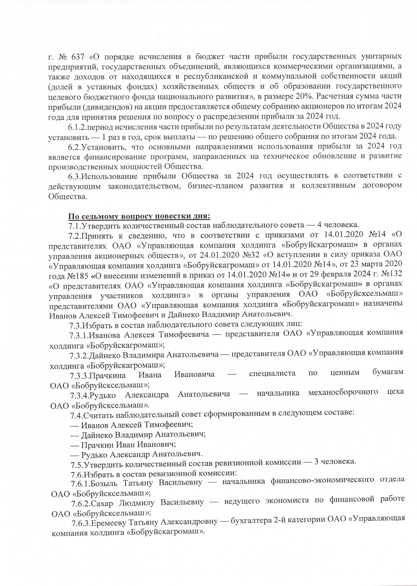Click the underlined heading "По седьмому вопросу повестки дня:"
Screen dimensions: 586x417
tap(139, 216)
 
